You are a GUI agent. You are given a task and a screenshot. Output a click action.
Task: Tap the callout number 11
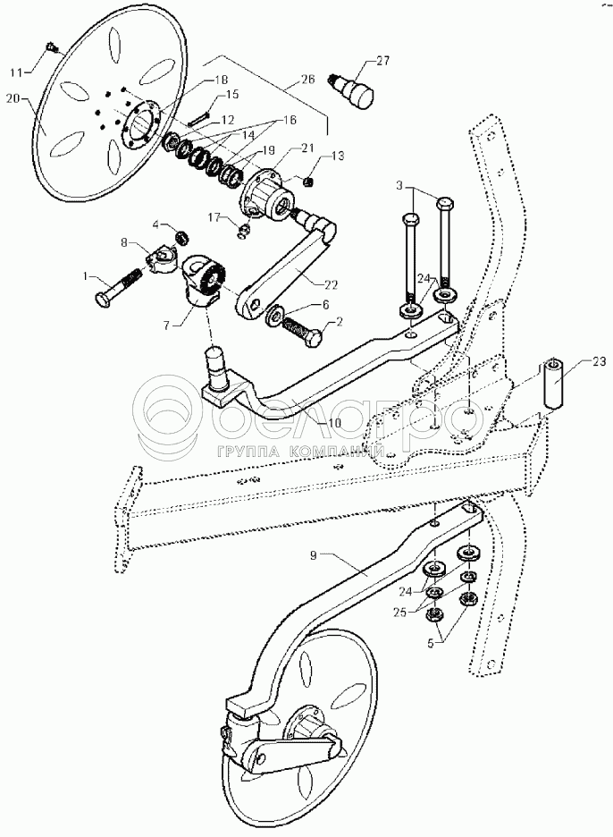click(x=19, y=71)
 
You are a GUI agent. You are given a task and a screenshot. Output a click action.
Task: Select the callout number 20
click(x=14, y=97)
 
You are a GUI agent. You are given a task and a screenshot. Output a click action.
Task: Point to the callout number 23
click(x=599, y=361)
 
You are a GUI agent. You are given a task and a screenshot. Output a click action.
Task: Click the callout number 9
click(x=313, y=555)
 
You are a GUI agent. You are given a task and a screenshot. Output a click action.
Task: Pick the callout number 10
click(x=334, y=423)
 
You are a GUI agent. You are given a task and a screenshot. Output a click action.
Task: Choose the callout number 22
click(x=332, y=285)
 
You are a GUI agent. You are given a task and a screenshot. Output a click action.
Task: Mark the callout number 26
click(x=308, y=80)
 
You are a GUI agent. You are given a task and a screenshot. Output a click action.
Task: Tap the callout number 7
click(x=167, y=325)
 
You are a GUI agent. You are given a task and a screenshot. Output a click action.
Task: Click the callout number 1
click(x=84, y=276)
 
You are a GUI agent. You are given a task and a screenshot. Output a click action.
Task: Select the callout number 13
click(x=338, y=156)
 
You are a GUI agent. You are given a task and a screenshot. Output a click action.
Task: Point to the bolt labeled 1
click(x=118, y=288)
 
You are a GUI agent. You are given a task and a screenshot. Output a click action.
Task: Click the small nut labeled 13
click(x=307, y=182)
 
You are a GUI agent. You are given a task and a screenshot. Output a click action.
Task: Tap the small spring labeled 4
click(x=182, y=236)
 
